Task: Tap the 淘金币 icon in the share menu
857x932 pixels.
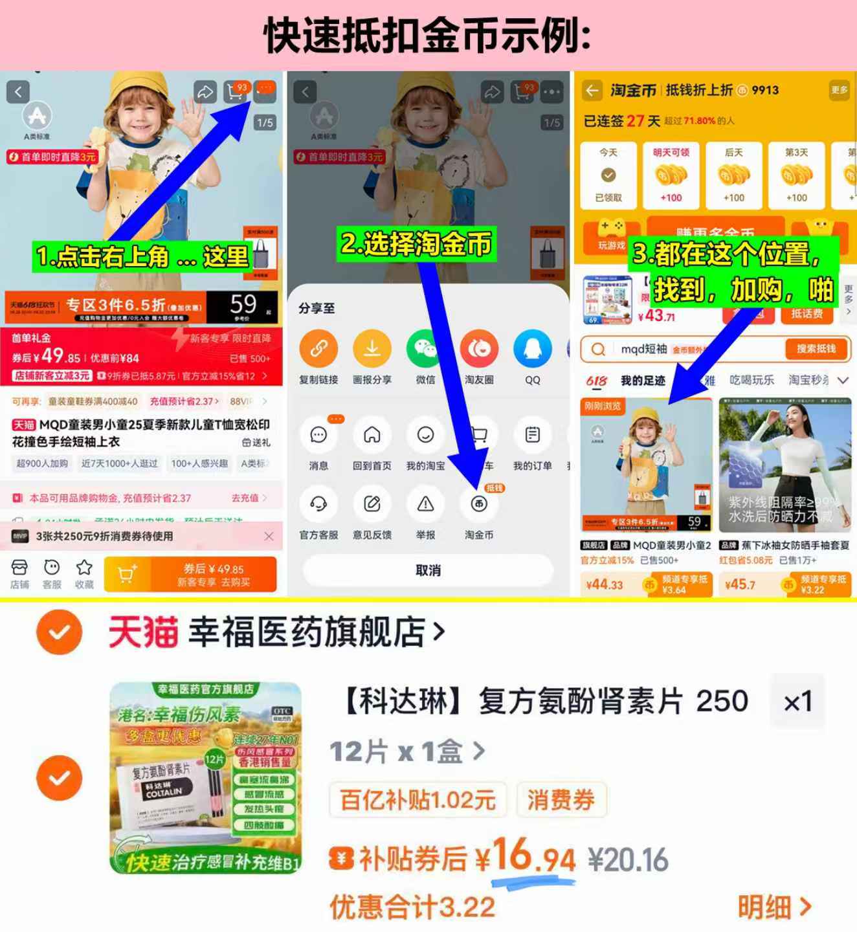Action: [479, 504]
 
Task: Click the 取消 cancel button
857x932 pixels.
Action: [428, 570]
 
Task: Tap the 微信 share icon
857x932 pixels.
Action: [425, 349]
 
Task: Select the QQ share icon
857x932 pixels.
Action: [532, 349]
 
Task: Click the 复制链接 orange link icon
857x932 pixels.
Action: [318, 349]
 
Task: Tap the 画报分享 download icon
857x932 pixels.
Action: [372, 349]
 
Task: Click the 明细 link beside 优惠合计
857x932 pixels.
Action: [774, 907]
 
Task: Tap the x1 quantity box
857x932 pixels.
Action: [797, 702]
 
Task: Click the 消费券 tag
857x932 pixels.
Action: [561, 800]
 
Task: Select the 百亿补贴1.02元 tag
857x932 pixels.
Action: [418, 800]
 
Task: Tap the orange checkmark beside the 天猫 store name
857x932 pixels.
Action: [60, 632]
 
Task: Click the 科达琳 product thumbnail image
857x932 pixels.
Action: [206, 777]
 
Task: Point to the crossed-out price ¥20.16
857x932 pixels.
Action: [628, 860]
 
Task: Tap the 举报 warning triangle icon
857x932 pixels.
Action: [425, 504]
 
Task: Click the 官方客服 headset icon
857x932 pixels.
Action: [318, 504]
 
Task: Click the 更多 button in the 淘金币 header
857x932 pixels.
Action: [839, 90]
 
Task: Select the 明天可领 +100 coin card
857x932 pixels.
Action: [671, 175]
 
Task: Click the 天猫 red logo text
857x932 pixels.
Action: [143, 632]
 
